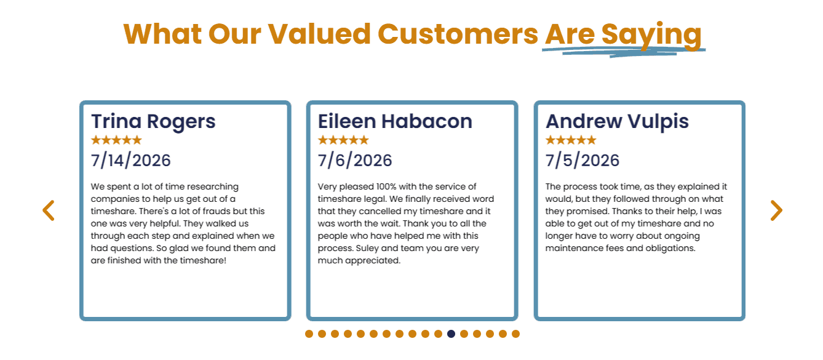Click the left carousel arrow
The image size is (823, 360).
click(x=48, y=210)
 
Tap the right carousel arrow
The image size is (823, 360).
click(x=776, y=210)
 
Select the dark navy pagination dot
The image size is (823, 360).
click(x=451, y=334)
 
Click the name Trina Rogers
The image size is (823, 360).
click(x=153, y=122)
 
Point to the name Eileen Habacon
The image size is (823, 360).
click(x=395, y=121)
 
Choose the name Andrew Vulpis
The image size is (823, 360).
click(x=617, y=122)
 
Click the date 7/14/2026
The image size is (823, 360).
click(x=131, y=161)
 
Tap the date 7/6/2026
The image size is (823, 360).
click(x=355, y=161)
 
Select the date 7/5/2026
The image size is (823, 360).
click(x=582, y=161)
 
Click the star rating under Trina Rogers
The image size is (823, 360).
click(x=116, y=140)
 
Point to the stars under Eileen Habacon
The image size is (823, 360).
click(x=343, y=140)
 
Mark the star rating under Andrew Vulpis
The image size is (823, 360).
click(x=571, y=140)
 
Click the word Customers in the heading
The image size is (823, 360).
click(x=458, y=34)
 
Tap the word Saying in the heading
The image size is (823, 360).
click(x=651, y=36)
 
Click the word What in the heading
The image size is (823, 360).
click(x=162, y=34)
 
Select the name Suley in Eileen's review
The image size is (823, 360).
click(x=367, y=248)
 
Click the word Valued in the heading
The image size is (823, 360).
click(x=319, y=34)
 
